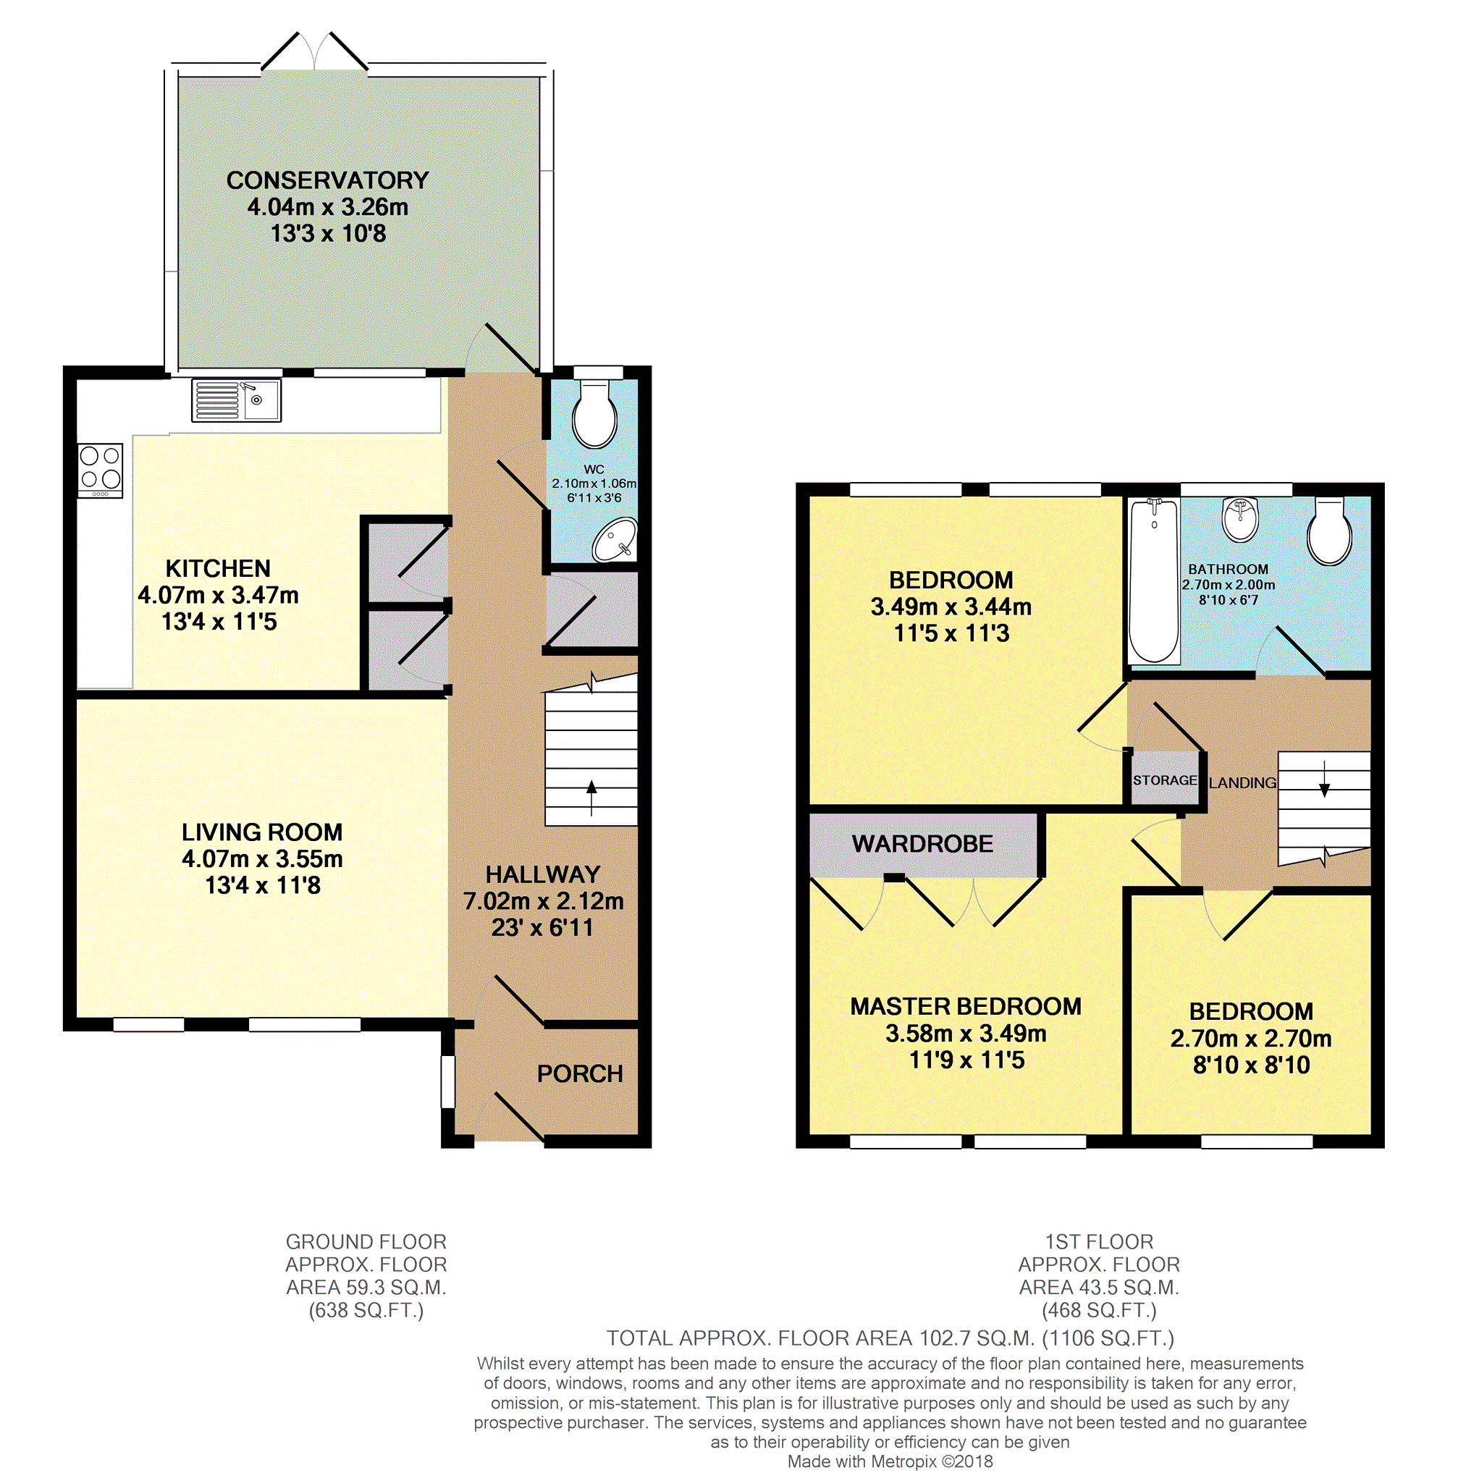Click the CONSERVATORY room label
pyautogui.click(x=327, y=180)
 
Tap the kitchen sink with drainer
pyautogui.click(x=236, y=400)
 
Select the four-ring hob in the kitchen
pyautogui.click(x=100, y=470)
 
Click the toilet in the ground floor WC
pyautogui.click(x=594, y=412)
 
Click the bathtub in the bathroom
pyautogui.click(x=1154, y=580)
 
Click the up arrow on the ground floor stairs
pyautogui.click(x=591, y=797)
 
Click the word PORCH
pyautogui.click(x=580, y=1074)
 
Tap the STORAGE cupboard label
pyautogui.click(x=1165, y=780)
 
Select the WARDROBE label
pyautogui.click(x=923, y=844)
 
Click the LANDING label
pyautogui.click(x=1242, y=782)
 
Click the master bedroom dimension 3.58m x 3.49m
pyautogui.click(x=966, y=1034)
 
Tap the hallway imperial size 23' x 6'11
pyautogui.click(x=542, y=928)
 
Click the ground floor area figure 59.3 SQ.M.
pyautogui.click(x=366, y=1288)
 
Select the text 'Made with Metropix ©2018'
pyautogui.click(x=890, y=1461)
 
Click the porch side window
pyautogui.click(x=447, y=1082)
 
